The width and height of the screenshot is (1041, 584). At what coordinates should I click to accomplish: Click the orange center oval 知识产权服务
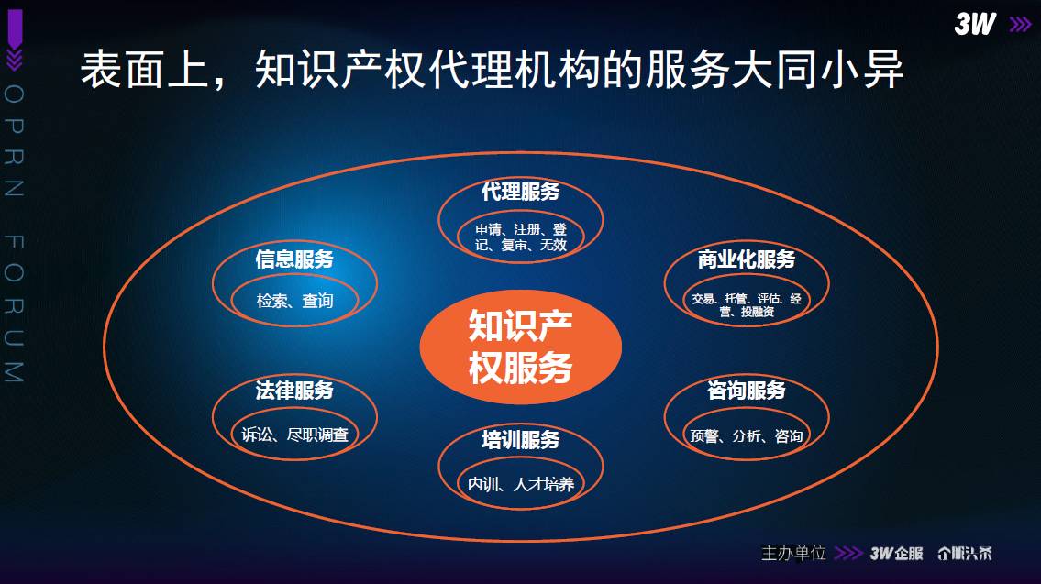tap(521, 347)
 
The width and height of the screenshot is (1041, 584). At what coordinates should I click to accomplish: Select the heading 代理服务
tap(521, 192)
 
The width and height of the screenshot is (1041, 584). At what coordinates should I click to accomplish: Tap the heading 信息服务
tap(294, 259)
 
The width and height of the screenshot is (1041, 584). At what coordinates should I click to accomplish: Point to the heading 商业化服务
tap(747, 259)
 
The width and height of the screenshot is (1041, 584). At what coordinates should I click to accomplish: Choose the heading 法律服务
tap(294, 391)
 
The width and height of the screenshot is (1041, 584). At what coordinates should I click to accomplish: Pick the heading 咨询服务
tap(747, 391)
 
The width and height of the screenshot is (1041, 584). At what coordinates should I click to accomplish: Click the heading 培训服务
tap(521, 439)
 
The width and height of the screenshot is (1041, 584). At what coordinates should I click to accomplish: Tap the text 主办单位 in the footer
tap(793, 553)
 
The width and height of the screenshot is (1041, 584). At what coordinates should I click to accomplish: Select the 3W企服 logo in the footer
tap(896, 554)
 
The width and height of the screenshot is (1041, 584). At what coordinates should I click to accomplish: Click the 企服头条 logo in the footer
tap(965, 554)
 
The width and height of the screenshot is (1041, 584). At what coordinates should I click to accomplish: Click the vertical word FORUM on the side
tap(14, 309)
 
